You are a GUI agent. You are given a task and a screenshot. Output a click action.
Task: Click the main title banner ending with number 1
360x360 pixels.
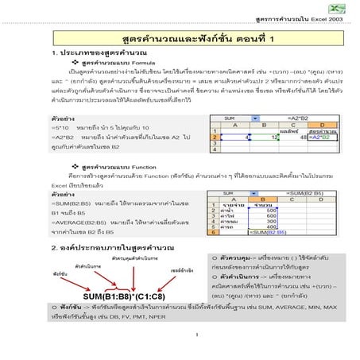pyautogui.click(x=180, y=37)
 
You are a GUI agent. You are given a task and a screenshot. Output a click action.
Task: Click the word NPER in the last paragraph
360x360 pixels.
pyautogui.click(x=157, y=316)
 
